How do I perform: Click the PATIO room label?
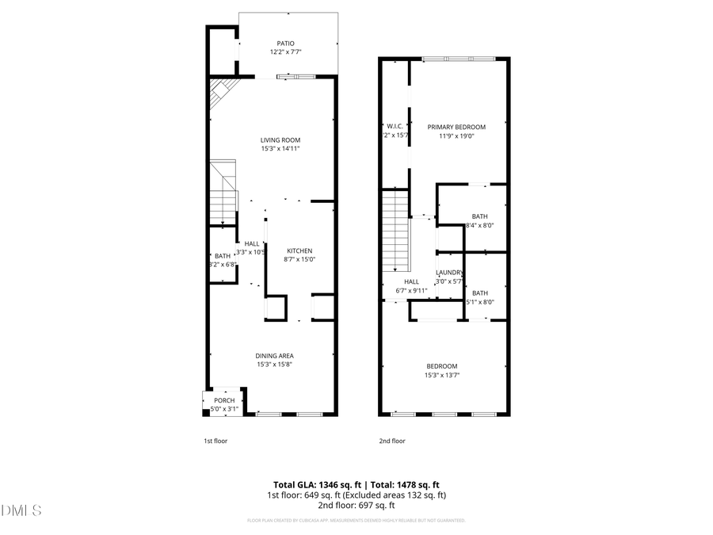[x=285, y=44]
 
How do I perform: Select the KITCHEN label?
[x=299, y=250]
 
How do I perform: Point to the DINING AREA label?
[x=274, y=356]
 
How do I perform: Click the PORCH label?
[x=224, y=400]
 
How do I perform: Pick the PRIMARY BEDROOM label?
[x=456, y=127]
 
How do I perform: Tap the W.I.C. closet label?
[x=395, y=126]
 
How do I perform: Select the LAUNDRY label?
[x=450, y=273]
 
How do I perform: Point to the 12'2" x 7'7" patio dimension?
[x=285, y=52]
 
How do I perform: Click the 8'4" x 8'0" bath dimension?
[x=479, y=225]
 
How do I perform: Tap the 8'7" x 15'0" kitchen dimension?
[x=299, y=259]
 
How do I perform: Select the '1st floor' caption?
[x=215, y=441]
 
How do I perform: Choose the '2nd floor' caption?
[x=392, y=441]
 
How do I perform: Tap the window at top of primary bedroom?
[x=459, y=59]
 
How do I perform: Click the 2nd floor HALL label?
[x=411, y=281]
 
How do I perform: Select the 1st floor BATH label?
[x=223, y=256]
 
